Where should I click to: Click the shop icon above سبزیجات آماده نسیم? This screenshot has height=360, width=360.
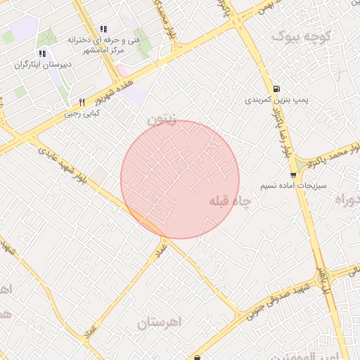point(293,174)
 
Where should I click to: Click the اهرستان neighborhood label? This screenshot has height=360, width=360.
point(160,323)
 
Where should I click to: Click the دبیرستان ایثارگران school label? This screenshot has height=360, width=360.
point(42,64)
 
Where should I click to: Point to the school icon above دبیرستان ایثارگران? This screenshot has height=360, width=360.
point(42,53)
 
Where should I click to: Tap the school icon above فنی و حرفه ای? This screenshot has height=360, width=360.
point(103,30)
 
